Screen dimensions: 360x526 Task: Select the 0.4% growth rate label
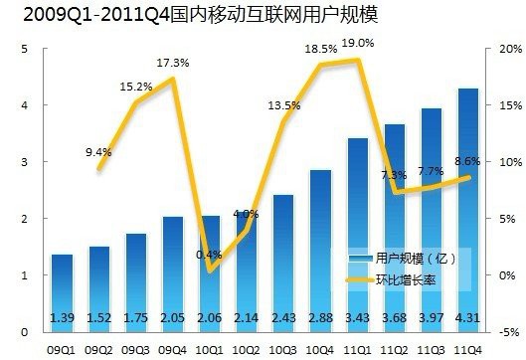[210, 255]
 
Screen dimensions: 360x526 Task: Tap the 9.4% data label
[99, 152]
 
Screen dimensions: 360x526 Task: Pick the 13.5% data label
[283, 106]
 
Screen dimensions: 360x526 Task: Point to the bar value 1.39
[62, 318]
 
